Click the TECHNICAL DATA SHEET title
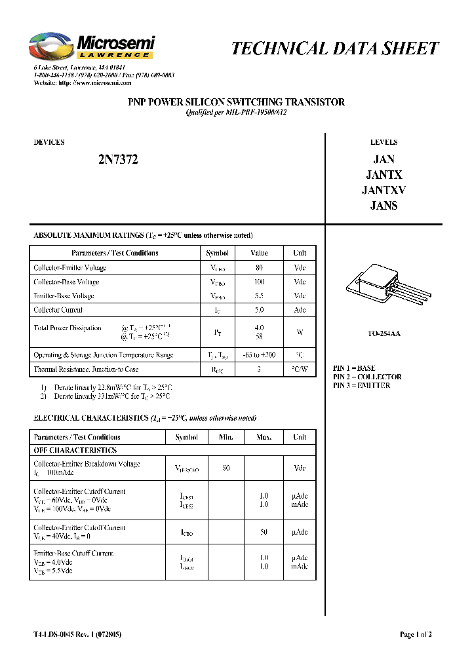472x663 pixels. click(335, 48)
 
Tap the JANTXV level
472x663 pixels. click(383, 190)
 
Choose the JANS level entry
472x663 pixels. click(383, 205)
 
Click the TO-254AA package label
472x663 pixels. click(383, 333)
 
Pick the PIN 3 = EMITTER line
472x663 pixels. click(361, 386)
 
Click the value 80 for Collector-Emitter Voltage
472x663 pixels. click(259, 267)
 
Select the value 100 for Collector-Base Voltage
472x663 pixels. click(259, 282)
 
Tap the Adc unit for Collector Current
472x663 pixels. click(300, 310)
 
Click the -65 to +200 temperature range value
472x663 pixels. click(259, 355)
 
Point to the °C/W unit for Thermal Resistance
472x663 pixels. click(300, 369)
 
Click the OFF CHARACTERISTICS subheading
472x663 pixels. click(75, 451)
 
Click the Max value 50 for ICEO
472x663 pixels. click(264, 533)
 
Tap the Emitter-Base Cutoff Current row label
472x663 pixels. click(73, 554)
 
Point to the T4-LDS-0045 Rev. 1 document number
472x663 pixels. click(77, 634)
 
